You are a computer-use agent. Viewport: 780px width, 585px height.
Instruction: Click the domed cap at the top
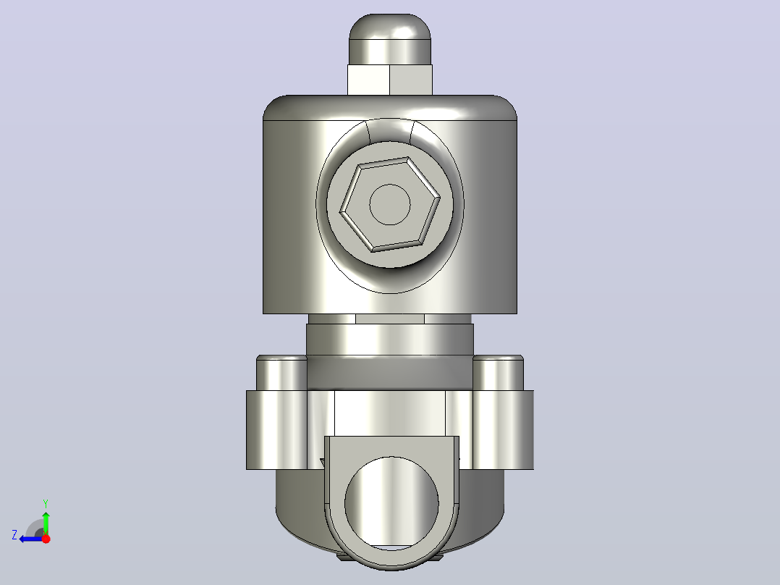click(390, 39)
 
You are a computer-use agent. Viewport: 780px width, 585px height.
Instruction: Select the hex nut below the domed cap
click(390, 80)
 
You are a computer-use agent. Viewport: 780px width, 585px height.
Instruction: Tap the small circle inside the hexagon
click(390, 204)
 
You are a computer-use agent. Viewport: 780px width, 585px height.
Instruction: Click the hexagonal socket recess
click(390, 204)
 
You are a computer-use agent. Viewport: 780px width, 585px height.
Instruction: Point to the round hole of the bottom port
click(391, 503)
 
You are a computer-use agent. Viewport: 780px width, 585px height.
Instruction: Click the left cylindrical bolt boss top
click(281, 372)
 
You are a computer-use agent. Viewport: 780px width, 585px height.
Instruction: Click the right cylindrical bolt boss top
click(498, 372)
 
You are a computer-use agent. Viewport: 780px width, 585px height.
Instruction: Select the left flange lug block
click(276, 429)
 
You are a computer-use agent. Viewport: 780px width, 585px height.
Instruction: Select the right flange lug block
click(503, 429)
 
